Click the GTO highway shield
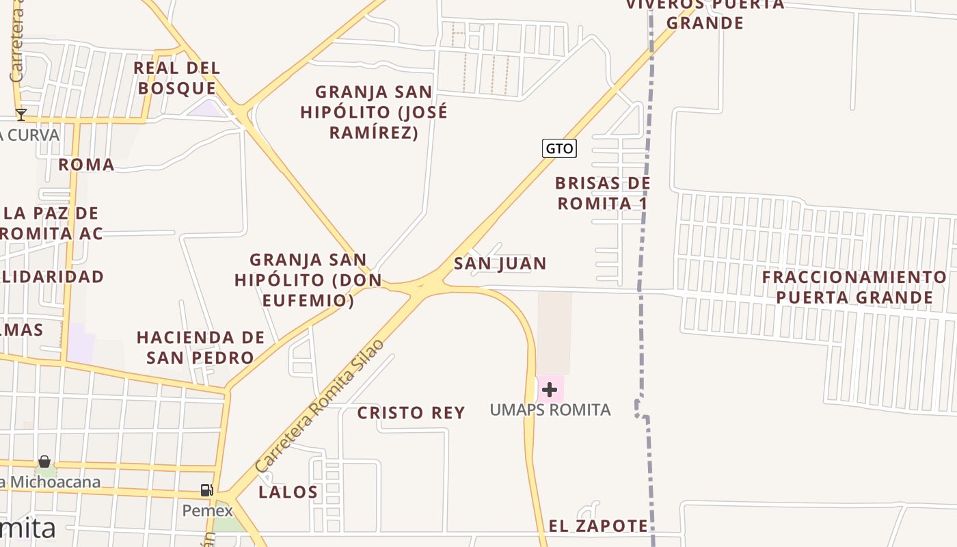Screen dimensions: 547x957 tap(559, 148)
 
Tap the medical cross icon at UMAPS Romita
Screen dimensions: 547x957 tap(550, 390)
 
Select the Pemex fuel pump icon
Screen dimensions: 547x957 tap(206, 490)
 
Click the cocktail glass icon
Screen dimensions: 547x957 tap(21, 115)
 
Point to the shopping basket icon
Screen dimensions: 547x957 tap(44, 462)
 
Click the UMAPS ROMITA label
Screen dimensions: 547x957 tap(550, 410)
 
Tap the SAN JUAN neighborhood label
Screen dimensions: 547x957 tap(500, 263)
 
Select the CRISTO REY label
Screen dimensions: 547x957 tap(411, 413)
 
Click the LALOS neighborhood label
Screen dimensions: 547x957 tap(288, 492)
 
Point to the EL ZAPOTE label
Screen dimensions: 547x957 tap(598, 526)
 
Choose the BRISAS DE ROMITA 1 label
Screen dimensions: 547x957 tap(602, 194)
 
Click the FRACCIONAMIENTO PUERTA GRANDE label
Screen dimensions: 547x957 tap(854, 287)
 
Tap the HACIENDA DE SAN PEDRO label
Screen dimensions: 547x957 tap(200, 347)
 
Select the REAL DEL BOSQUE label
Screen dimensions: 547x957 tap(177, 78)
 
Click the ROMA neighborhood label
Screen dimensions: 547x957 tap(86, 165)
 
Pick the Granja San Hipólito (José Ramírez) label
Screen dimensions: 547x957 tap(373, 112)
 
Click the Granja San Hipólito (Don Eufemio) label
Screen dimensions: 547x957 tap(308, 280)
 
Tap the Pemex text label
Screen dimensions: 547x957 tap(207, 511)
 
